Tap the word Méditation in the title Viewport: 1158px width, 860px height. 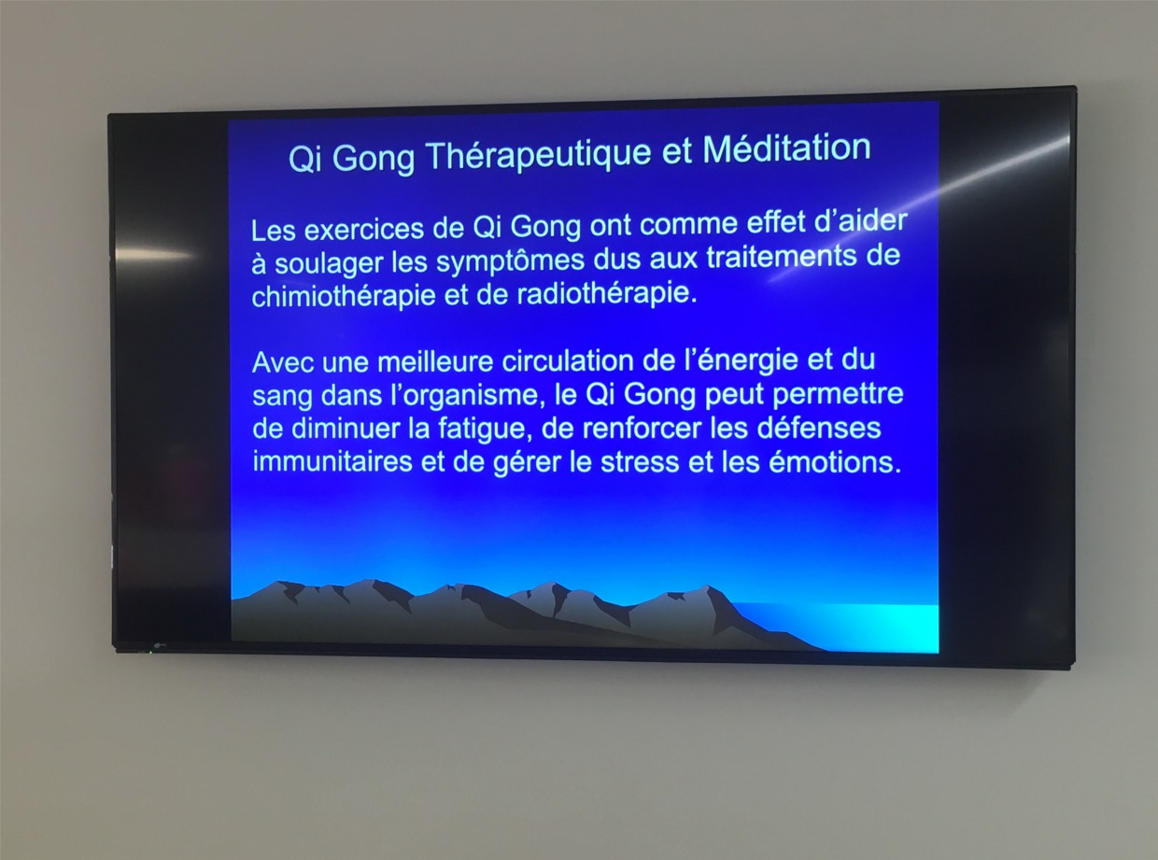[x=786, y=148]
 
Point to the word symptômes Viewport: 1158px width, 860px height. [x=510, y=261]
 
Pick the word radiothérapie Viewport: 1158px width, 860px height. [x=607, y=293]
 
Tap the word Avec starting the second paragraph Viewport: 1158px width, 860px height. [x=284, y=363]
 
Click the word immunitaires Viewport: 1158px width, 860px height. [x=332, y=461]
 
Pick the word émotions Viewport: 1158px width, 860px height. [x=836, y=462]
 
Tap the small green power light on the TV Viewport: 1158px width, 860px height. [x=150, y=651]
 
